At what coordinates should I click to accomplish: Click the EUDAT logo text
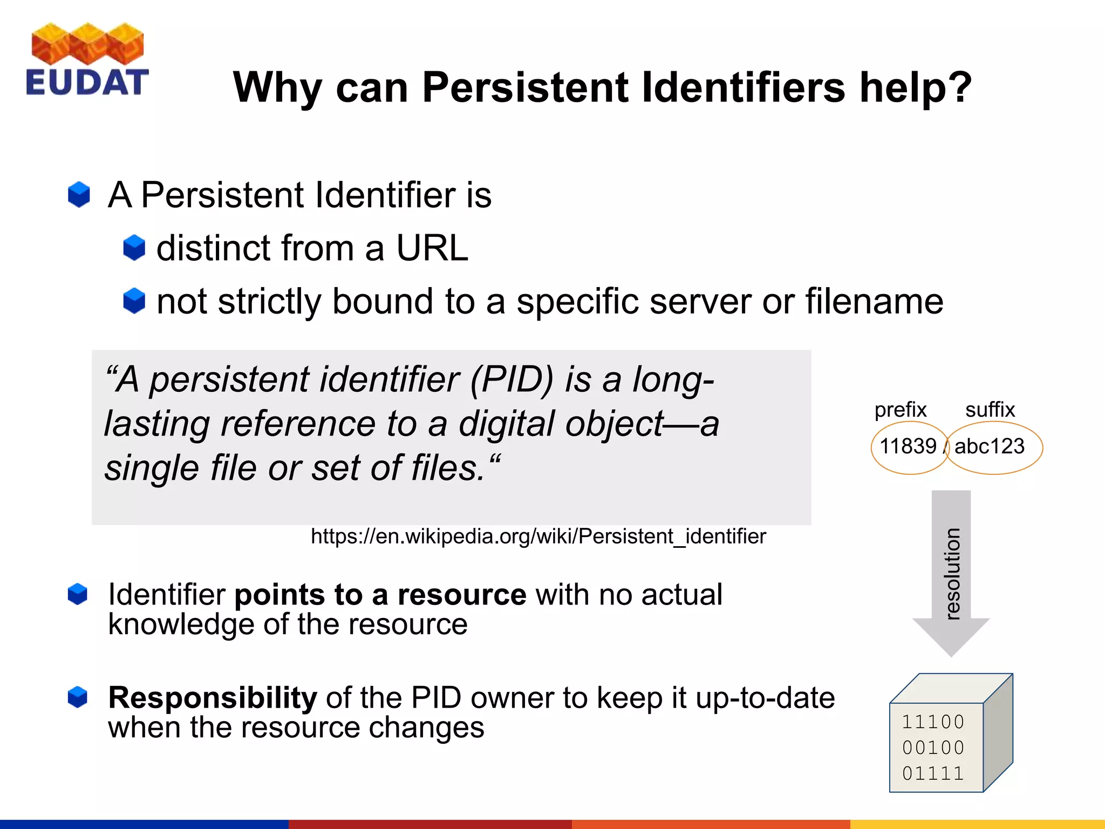tap(86, 83)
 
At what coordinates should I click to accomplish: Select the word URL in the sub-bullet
tap(432, 248)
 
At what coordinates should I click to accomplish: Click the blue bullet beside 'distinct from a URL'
tap(134, 248)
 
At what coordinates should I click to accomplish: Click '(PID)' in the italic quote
tap(511, 379)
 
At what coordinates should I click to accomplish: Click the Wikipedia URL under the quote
tap(538, 536)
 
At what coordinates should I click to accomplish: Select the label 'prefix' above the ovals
tap(900, 410)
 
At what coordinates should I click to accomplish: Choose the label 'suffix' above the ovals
tap(990, 410)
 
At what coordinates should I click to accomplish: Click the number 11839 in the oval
tap(908, 446)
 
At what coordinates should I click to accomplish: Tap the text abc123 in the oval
tap(989, 446)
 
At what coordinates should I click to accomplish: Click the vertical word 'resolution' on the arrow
tap(952, 573)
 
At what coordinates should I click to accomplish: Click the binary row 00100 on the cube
tap(933, 748)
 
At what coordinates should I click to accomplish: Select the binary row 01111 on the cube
tap(933, 773)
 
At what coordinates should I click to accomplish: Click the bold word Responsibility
tap(213, 698)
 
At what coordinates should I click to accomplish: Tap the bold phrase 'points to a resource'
tap(380, 595)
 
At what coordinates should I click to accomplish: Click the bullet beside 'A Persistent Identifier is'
tap(79, 194)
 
